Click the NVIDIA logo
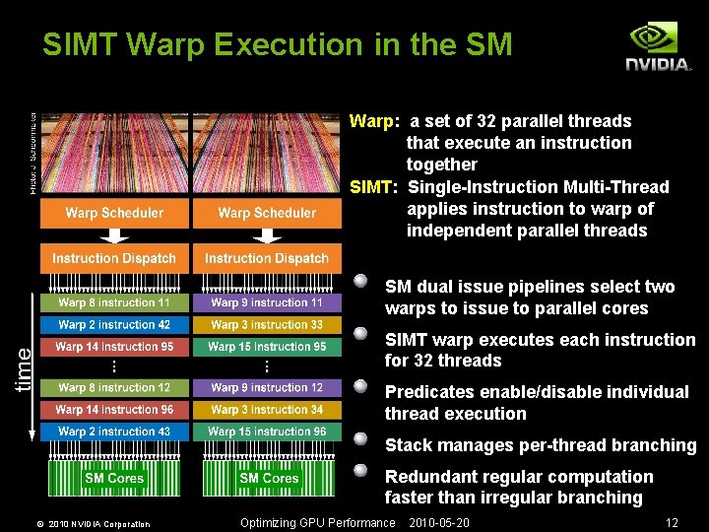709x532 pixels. [x=659, y=46]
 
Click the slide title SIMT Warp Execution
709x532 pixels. [x=278, y=44]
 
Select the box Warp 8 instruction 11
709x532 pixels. [x=114, y=302]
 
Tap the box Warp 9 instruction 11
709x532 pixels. [x=267, y=302]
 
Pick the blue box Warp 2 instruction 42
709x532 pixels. [x=114, y=324]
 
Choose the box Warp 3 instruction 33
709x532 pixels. [x=267, y=324]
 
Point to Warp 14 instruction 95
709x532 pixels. [x=114, y=347]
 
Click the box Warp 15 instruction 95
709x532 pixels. [x=267, y=347]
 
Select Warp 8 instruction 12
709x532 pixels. [x=114, y=388]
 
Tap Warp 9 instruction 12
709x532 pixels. [x=267, y=388]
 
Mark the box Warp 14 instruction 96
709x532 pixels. [x=114, y=409]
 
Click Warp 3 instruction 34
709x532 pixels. [x=267, y=409]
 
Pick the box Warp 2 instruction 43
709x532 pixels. [x=114, y=432]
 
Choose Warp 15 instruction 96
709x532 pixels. [x=267, y=432]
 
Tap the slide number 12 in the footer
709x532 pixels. [x=673, y=523]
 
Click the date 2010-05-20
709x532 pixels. [x=439, y=523]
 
